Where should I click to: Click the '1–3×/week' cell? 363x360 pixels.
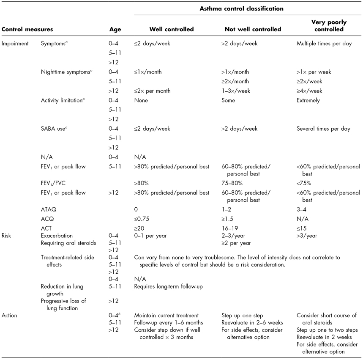pos(236,91)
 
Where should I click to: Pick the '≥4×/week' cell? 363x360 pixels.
pos(310,91)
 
